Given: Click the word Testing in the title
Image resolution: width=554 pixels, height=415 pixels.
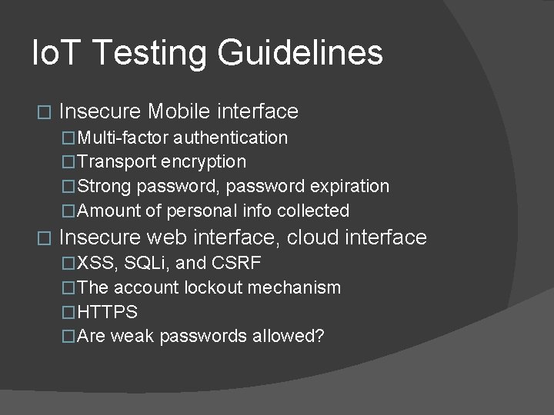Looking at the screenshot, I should click(x=150, y=54).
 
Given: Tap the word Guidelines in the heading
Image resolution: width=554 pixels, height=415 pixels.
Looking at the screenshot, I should click(x=299, y=54).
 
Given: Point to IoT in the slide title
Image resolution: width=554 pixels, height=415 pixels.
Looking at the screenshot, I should click(x=54, y=54).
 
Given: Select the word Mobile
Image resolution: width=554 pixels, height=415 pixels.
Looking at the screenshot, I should click(x=179, y=111).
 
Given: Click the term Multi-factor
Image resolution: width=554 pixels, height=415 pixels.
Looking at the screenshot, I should click(x=123, y=138).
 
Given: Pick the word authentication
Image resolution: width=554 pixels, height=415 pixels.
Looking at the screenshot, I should click(x=230, y=138).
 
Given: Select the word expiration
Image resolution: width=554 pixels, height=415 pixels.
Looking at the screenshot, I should click(x=350, y=187).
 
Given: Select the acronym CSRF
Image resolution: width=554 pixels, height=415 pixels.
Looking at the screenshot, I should click(x=235, y=264).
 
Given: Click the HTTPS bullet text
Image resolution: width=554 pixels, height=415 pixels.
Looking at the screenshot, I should click(x=108, y=312).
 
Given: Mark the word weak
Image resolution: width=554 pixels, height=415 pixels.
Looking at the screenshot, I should click(x=133, y=337).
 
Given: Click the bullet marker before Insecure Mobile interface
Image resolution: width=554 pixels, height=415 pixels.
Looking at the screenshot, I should click(x=43, y=112).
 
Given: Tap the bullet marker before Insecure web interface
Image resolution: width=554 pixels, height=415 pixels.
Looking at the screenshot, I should click(x=43, y=238).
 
